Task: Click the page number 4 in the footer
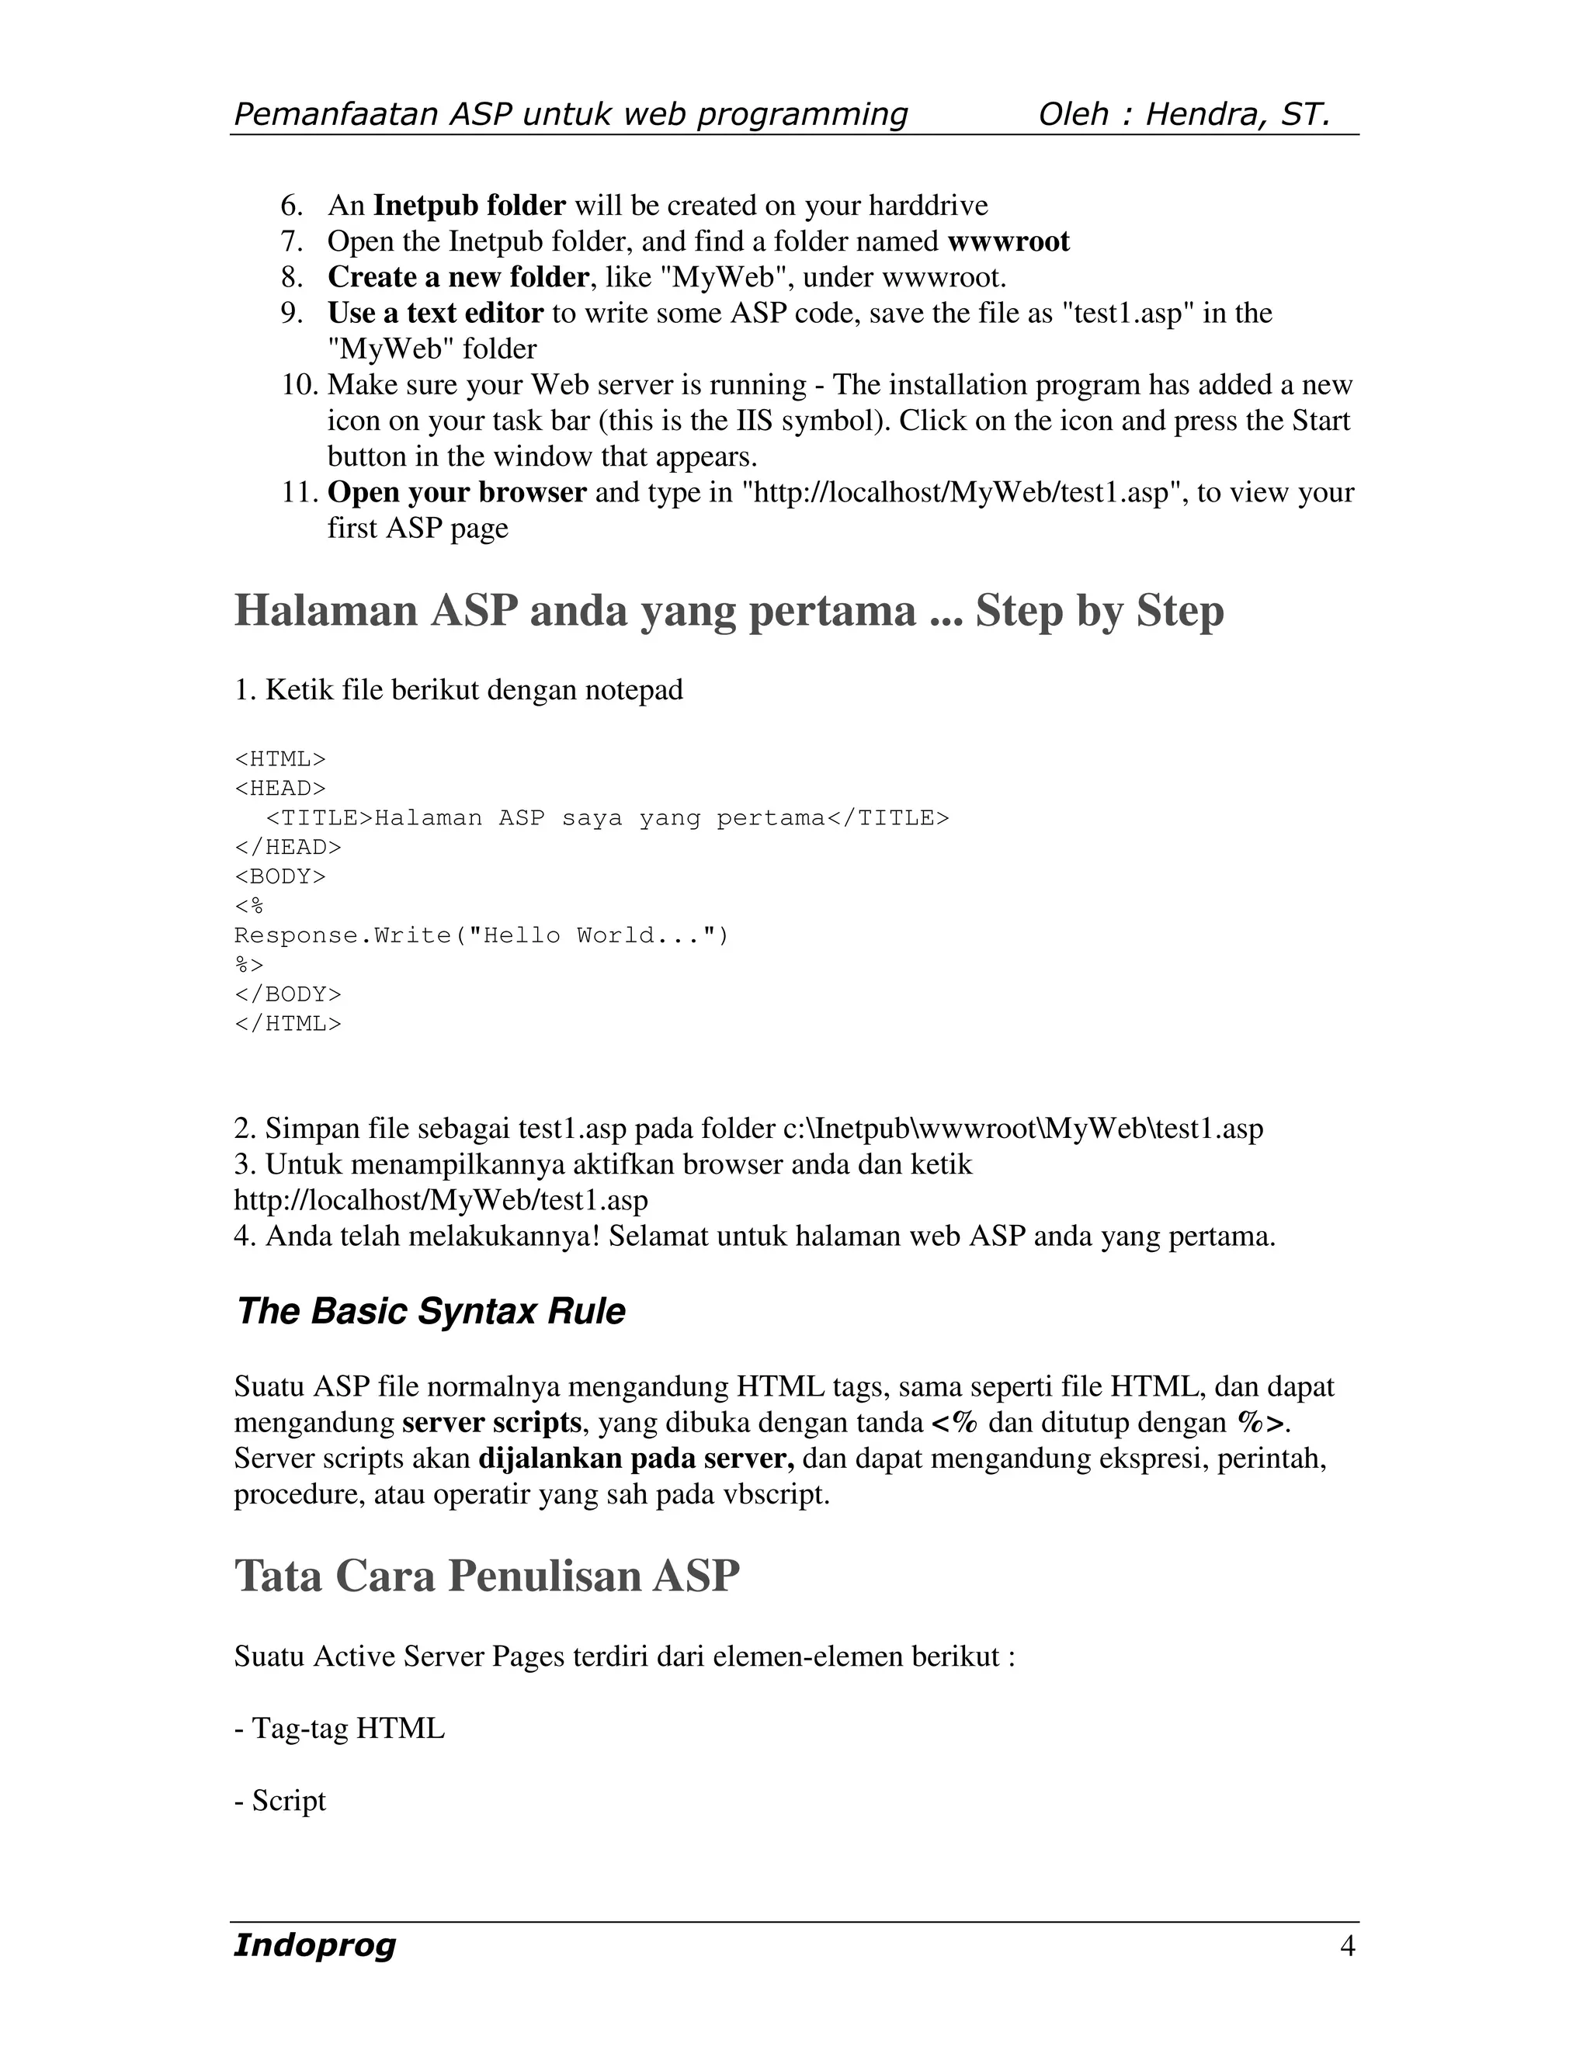pyautogui.click(x=1347, y=1945)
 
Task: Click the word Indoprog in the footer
pyautogui.click(x=314, y=1945)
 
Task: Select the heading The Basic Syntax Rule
pyautogui.click(x=429, y=1311)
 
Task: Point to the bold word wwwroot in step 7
pyautogui.click(x=1008, y=241)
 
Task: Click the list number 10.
pyautogui.click(x=300, y=384)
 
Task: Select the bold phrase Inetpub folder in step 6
pyautogui.click(x=469, y=206)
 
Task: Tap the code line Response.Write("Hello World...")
pyautogui.click(x=481, y=935)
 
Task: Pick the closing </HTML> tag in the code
pyautogui.click(x=287, y=1023)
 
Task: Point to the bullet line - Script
pyautogui.click(x=279, y=1800)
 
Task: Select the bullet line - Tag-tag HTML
pyautogui.click(x=339, y=1729)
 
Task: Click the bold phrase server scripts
pyautogui.click(x=491, y=1422)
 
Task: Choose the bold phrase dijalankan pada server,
pyautogui.click(x=637, y=1458)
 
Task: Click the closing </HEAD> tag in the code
pyautogui.click(x=287, y=847)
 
